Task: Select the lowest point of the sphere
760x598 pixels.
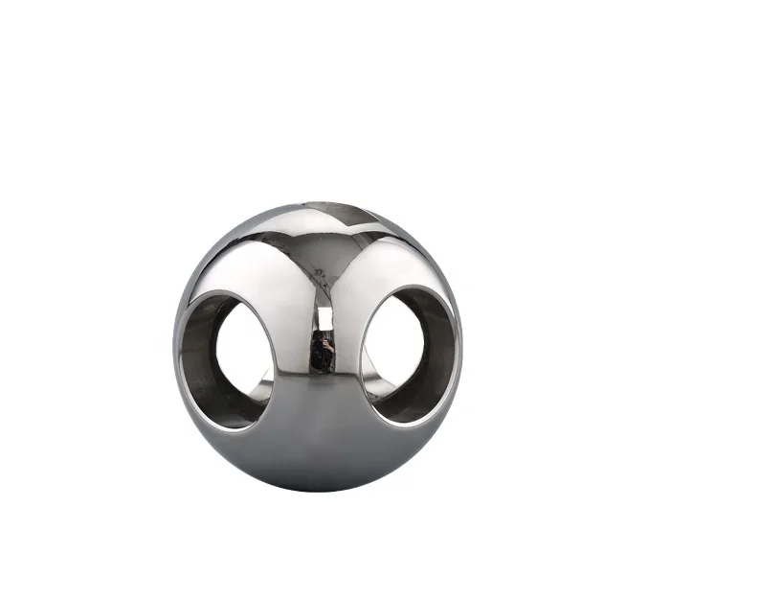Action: (x=319, y=491)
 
